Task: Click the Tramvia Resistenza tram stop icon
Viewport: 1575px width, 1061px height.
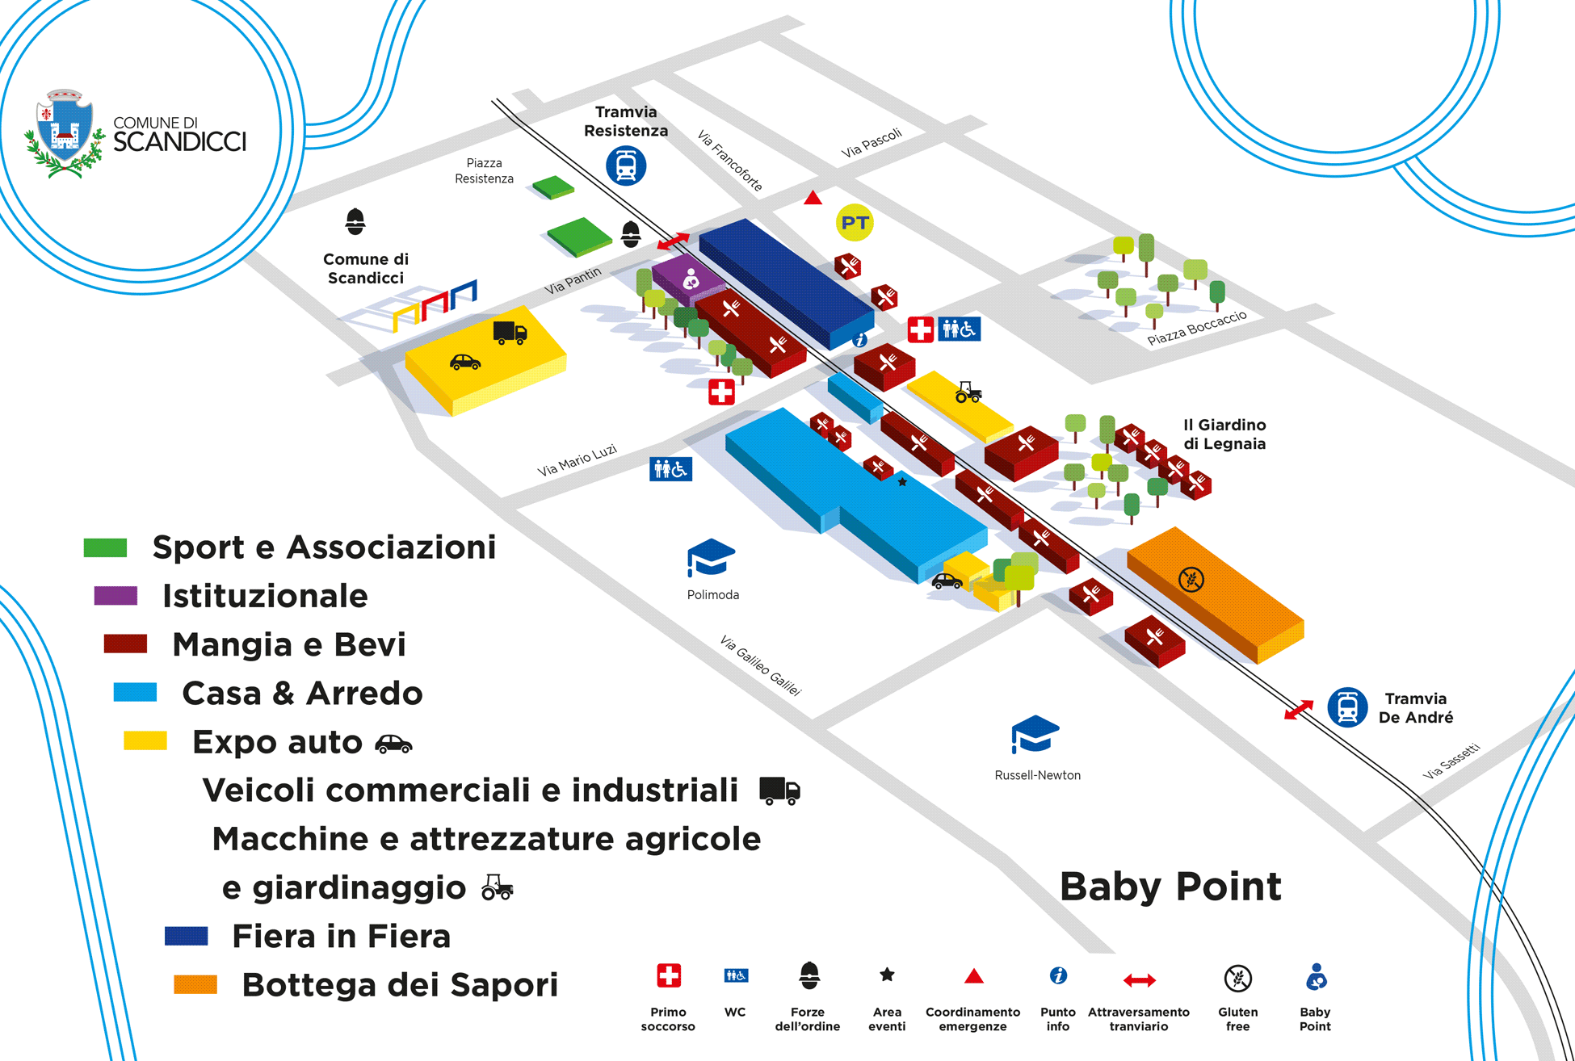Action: pos(626,166)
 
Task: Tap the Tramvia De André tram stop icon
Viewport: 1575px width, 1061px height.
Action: pos(1347,708)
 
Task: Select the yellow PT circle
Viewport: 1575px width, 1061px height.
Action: pos(855,223)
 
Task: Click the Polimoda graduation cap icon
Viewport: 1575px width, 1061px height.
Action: pos(711,558)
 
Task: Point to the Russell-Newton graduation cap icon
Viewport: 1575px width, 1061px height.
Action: pos(1035,734)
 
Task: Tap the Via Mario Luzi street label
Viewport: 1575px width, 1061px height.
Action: pos(577,460)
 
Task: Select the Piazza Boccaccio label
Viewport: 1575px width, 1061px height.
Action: pos(1197,328)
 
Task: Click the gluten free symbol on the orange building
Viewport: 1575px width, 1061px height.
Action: pos(1191,579)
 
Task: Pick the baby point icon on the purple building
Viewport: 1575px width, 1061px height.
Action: pos(691,279)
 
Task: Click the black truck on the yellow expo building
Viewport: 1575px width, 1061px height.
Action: pos(510,332)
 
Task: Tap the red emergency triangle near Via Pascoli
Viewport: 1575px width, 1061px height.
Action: pos(813,198)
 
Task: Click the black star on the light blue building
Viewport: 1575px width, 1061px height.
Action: pos(902,482)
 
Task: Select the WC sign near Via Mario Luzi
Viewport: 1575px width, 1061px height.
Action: pos(670,469)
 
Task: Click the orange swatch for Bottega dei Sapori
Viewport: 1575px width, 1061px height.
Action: pos(195,984)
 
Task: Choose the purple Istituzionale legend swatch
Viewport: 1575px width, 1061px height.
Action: pos(115,596)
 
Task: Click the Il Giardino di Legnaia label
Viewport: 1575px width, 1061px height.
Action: pos(1224,434)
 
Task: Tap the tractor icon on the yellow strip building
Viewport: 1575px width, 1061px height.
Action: pos(968,392)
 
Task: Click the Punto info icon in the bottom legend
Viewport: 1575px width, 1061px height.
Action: pos(1058,976)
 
